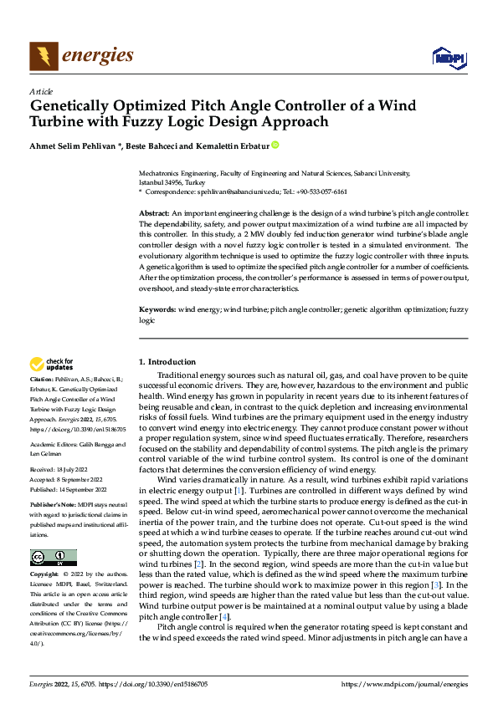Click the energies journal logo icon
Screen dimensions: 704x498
point(44,56)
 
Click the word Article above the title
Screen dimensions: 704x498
point(41,91)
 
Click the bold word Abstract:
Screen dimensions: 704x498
point(154,214)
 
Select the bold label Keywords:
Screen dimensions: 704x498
point(157,310)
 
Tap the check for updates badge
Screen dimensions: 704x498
point(53,364)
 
